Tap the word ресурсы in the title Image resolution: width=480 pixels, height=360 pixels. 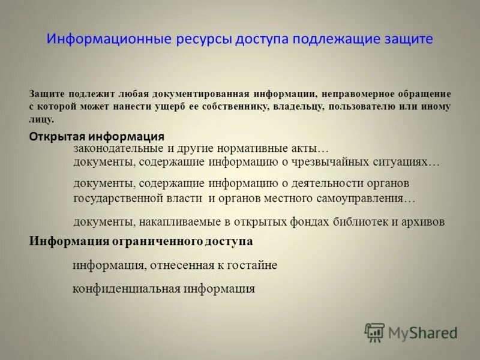pyautogui.click(x=203, y=40)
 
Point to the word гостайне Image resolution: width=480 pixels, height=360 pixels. pyautogui.click(x=251, y=265)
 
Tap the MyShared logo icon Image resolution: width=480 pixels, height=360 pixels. pyautogui.click(x=375, y=332)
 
